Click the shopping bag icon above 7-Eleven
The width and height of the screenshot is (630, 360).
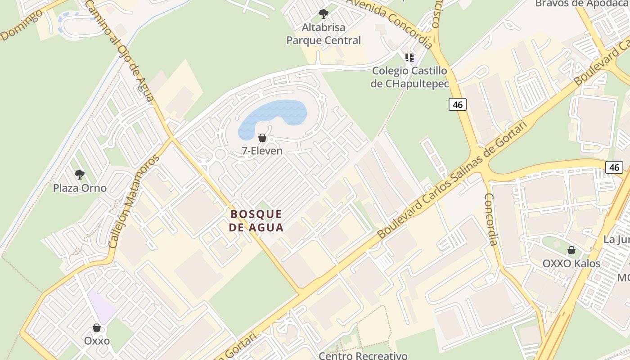(262, 138)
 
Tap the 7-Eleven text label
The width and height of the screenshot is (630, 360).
(262, 151)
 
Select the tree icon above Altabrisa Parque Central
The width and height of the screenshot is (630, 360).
(323, 14)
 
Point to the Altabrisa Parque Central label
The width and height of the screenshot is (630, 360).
(324, 34)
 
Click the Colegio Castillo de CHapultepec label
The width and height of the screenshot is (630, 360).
(409, 77)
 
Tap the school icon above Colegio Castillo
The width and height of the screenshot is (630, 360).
(409, 57)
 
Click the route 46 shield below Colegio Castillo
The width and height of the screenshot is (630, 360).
(458, 105)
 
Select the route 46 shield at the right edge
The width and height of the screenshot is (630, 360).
(614, 167)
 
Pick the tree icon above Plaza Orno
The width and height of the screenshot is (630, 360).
(80, 174)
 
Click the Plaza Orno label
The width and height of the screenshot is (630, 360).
(80, 188)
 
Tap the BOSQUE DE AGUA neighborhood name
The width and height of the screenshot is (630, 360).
(256, 220)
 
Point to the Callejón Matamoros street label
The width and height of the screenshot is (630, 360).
(134, 201)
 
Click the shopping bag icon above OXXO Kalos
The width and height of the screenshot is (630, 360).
(571, 250)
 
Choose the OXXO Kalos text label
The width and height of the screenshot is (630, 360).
(571, 264)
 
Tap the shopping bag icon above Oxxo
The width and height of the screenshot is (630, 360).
(97, 327)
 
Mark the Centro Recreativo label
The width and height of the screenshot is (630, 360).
(363, 355)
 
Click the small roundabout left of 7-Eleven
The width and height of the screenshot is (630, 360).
(220, 154)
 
